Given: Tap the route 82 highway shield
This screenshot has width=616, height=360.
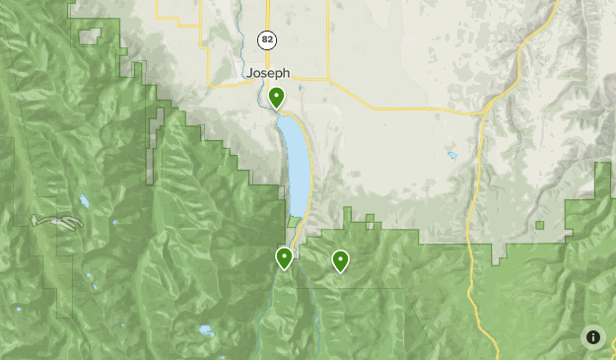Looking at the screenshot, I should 266,39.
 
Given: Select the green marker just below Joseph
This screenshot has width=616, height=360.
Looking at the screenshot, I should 277,98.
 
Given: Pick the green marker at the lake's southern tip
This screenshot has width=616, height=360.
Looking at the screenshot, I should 284,258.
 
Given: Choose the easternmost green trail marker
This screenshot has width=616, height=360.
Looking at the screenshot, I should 340,260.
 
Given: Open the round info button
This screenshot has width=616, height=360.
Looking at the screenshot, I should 593,336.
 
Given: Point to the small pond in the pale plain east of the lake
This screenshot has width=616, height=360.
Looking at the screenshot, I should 451,155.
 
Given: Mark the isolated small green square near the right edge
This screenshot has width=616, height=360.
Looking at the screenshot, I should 540,225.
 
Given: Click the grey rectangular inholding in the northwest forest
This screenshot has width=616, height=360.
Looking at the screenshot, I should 90,36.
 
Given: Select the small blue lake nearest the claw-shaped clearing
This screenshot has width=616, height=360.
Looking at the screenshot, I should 85,201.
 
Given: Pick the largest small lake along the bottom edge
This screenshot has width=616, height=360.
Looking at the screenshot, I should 205,330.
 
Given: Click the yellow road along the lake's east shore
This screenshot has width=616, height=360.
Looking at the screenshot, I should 311,168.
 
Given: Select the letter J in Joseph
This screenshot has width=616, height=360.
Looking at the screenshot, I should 250,72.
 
